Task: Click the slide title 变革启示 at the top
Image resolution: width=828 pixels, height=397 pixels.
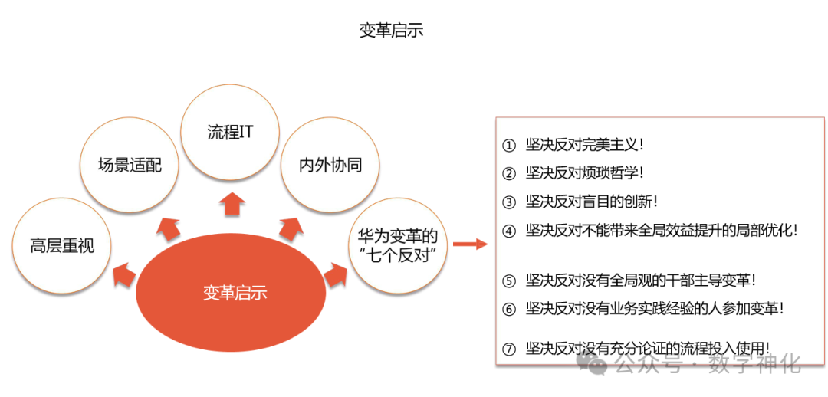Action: pyautogui.click(x=391, y=31)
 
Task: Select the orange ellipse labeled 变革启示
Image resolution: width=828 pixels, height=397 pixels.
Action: pyautogui.click(x=235, y=293)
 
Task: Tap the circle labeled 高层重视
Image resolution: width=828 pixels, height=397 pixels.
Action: pyautogui.click(x=62, y=246)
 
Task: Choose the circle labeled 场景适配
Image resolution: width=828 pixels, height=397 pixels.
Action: pyautogui.click(x=130, y=164)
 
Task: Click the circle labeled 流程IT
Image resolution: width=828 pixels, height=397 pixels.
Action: pyautogui.click(x=231, y=132)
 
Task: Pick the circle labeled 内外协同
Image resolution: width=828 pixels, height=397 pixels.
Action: pyautogui.click(x=330, y=165)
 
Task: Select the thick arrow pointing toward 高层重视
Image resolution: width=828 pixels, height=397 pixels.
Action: pyautogui.click(x=124, y=274)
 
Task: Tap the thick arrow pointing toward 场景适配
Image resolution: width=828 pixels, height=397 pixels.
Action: pyautogui.click(x=169, y=228)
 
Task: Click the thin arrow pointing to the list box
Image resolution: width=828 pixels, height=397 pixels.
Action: pyautogui.click(x=469, y=244)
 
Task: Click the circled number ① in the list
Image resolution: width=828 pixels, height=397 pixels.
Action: pyautogui.click(x=509, y=145)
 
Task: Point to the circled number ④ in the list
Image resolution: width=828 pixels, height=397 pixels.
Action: pyautogui.click(x=509, y=231)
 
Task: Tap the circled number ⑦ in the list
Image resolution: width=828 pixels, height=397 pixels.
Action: pyautogui.click(x=509, y=349)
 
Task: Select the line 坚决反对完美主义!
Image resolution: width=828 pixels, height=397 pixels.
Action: pyautogui.click(x=584, y=144)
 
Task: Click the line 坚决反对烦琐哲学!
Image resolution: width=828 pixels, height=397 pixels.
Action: pyautogui.click(x=584, y=173)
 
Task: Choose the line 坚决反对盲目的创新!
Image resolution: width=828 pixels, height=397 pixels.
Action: pyautogui.click(x=592, y=202)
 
